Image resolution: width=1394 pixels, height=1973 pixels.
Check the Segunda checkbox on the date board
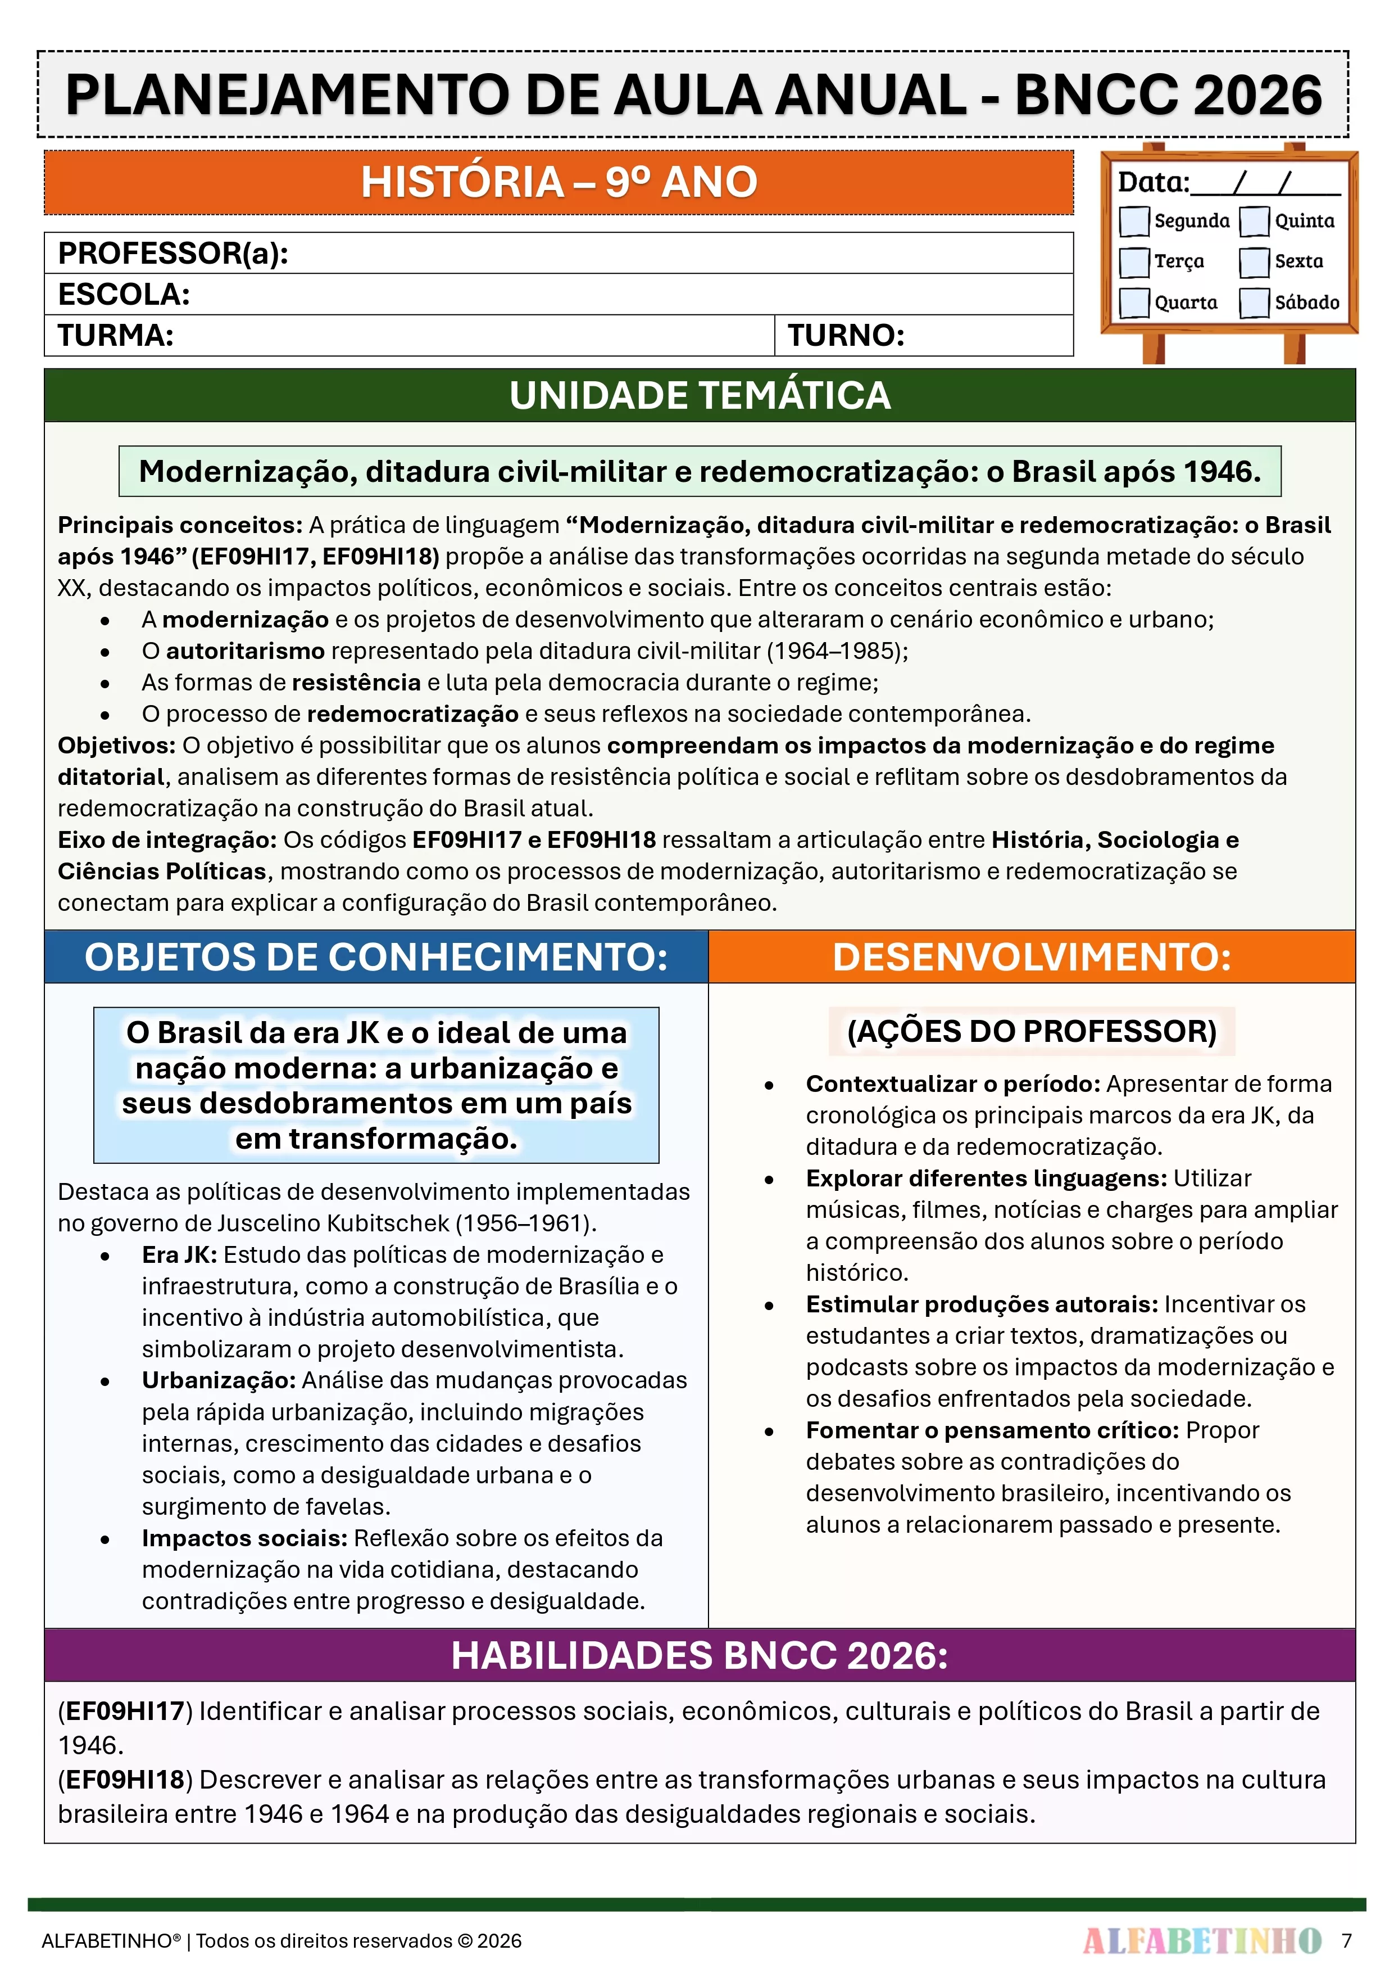tap(1134, 221)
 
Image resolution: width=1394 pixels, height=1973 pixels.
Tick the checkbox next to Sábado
tap(1254, 303)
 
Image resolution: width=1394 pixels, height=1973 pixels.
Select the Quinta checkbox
tap(1254, 221)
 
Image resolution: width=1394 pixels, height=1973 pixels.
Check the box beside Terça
tap(1134, 262)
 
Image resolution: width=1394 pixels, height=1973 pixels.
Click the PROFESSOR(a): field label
tap(172, 254)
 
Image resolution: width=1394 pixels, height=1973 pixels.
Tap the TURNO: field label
tap(846, 335)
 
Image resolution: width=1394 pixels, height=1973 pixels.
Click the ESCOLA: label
tap(124, 294)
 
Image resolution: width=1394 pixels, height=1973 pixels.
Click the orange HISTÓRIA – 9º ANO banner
tap(558, 182)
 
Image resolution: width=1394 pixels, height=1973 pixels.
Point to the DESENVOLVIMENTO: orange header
tap(1032, 956)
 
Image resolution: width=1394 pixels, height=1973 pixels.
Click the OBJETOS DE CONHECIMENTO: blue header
tap(376, 956)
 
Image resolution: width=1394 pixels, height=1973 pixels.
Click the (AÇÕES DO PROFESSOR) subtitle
tap(1032, 1031)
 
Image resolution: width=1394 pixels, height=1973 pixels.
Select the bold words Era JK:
tap(179, 1254)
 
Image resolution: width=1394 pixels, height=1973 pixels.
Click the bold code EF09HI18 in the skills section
tap(125, 1779)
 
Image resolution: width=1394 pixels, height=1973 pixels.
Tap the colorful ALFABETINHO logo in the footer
tap(1202, 1940)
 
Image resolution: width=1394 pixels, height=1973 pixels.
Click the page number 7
tap(1347, 1940)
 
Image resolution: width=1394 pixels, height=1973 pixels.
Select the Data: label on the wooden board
tap(1152, 182)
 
